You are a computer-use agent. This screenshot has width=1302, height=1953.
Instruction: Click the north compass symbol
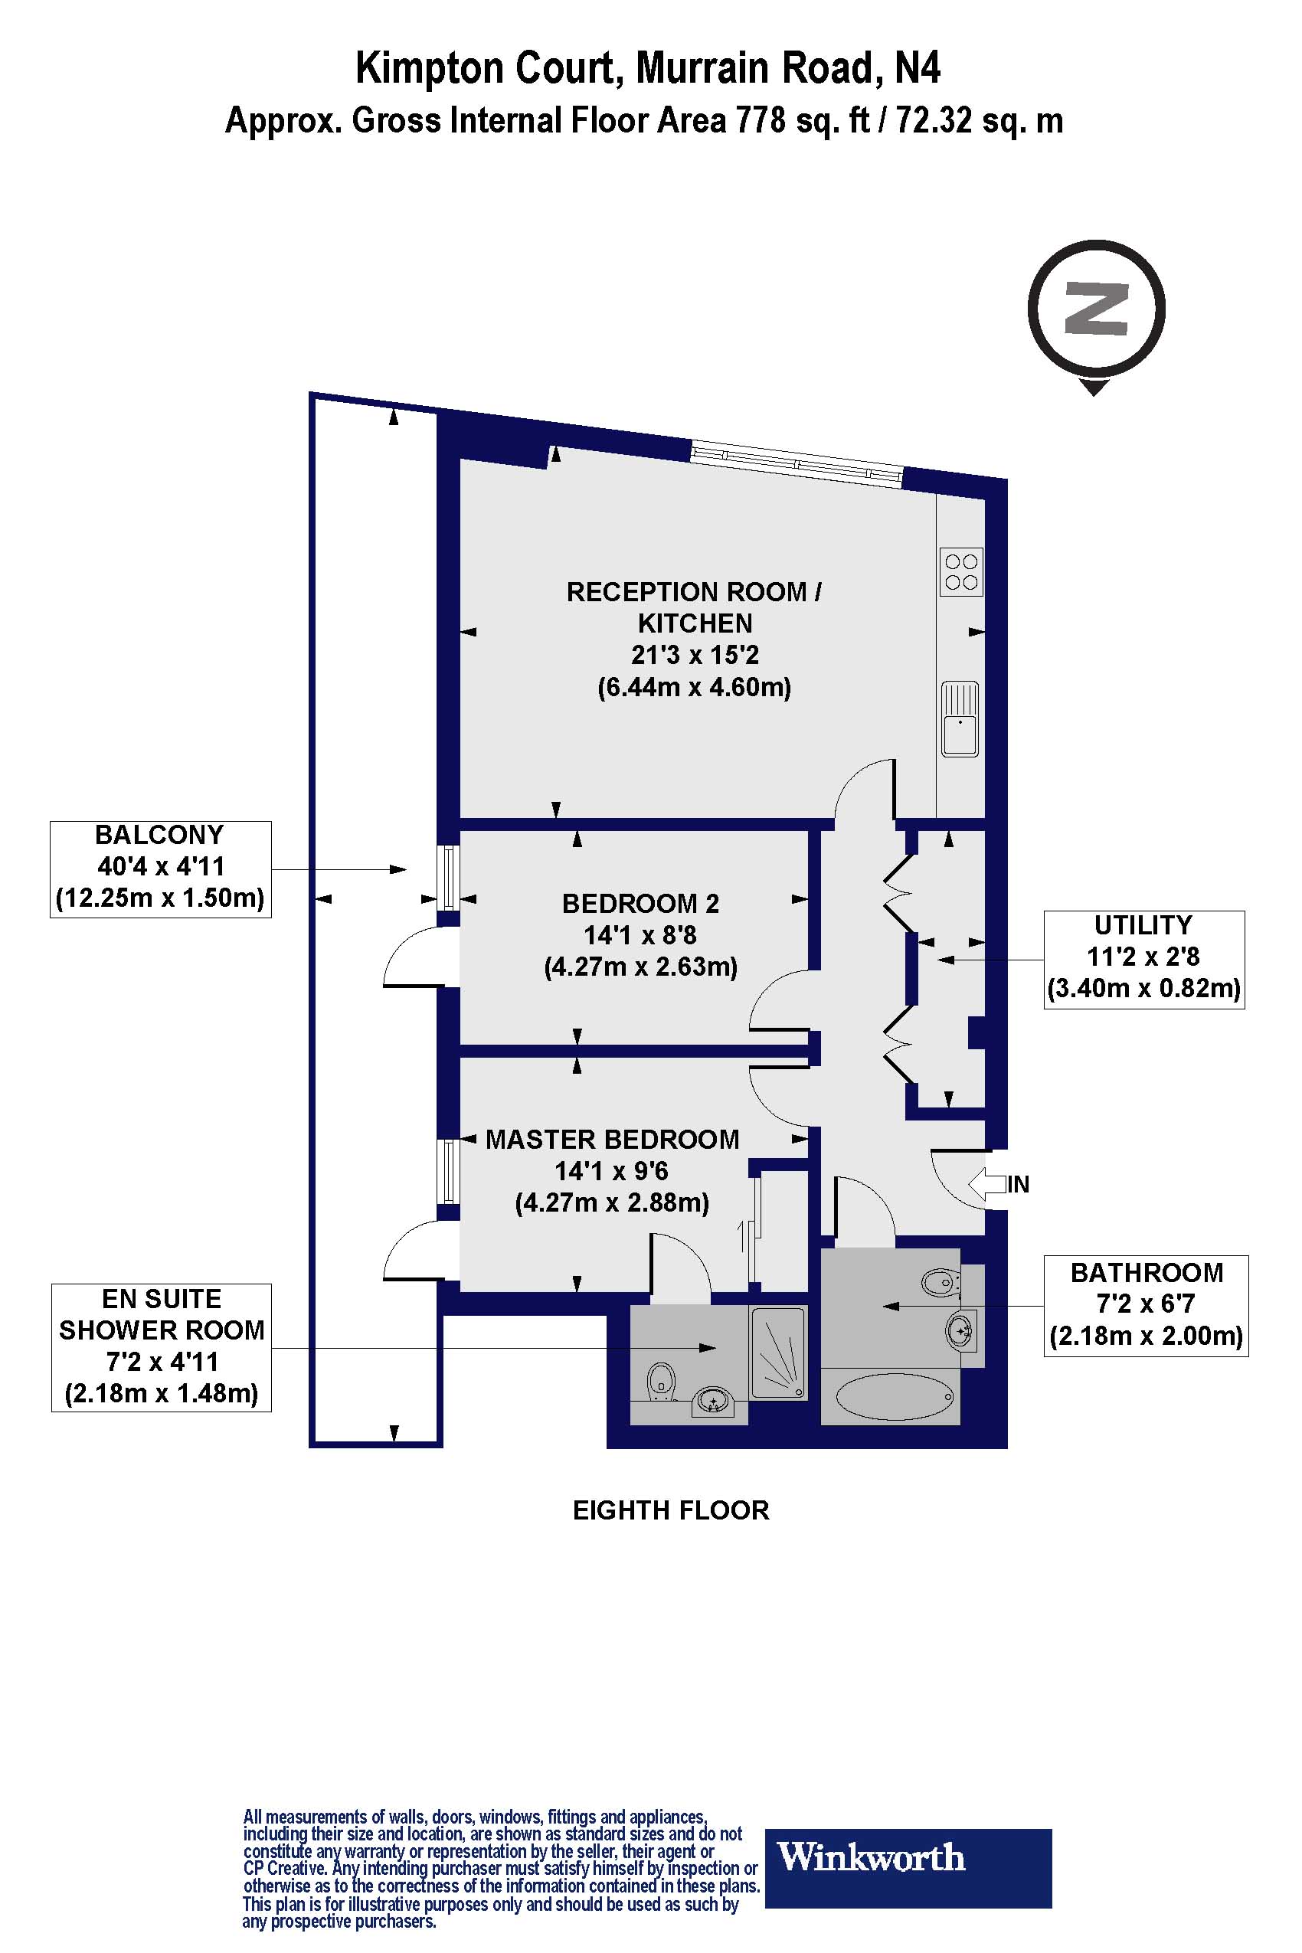pyautogui.click(x=1095, y=309)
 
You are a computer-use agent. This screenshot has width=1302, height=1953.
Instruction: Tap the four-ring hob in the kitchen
pyautogui.click(x=960, y=571)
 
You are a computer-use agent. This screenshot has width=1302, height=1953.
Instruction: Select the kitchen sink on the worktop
pyautogui.click(x=960, y=718)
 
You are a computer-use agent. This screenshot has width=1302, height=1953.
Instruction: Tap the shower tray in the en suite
pyautogui.click(x=777, y=1353)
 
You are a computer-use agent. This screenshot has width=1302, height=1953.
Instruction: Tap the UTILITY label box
pyautogui.click(x=1143, y=959)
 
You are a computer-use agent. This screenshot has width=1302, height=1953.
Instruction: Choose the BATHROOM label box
pyautogui.click(x=1146, y=1305)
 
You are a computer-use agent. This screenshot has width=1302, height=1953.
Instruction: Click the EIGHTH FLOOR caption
pyautogui.click(x=671, y=1510)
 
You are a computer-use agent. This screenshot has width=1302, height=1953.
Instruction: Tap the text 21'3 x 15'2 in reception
pyautogui.click(x=694, y=655)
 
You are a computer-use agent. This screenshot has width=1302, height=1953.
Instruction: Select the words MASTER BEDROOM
pyautogui.click(x=612, y=1140)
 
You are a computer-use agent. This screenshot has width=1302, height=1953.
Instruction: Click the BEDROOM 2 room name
pyautogui.click(x=640, y=904)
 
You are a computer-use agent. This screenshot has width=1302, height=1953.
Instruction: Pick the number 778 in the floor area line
pyautogui.click(x=761, y=121)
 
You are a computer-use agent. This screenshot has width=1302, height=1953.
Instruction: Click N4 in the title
pyautogui.click(x=917, y=68)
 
